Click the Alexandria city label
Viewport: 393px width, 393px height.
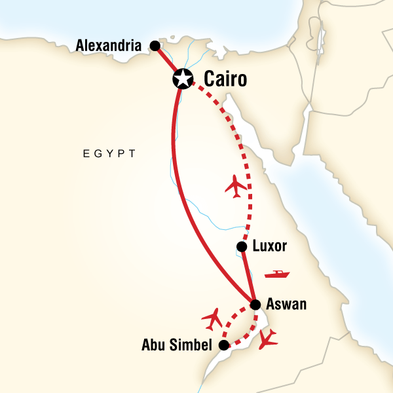(x=109, y=46)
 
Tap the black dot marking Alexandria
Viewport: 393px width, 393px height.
(x=155, y=46)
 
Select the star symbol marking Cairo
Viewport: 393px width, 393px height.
(x=181, y=80)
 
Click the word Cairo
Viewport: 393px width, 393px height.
(x=226, y=80)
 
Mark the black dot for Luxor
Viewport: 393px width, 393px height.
(x=242, y=247)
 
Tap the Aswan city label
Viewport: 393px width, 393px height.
(x=287, y=305)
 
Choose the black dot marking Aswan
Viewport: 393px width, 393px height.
(x=255, y=305)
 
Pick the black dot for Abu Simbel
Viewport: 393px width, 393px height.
(x=224, y=345)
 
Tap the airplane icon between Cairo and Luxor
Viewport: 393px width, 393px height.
(x=236, y=186)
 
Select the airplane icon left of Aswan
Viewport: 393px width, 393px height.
(x=212, y=318)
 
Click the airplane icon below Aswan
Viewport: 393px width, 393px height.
(x=268, y=339)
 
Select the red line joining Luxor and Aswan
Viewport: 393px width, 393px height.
(x=248, y=275)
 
